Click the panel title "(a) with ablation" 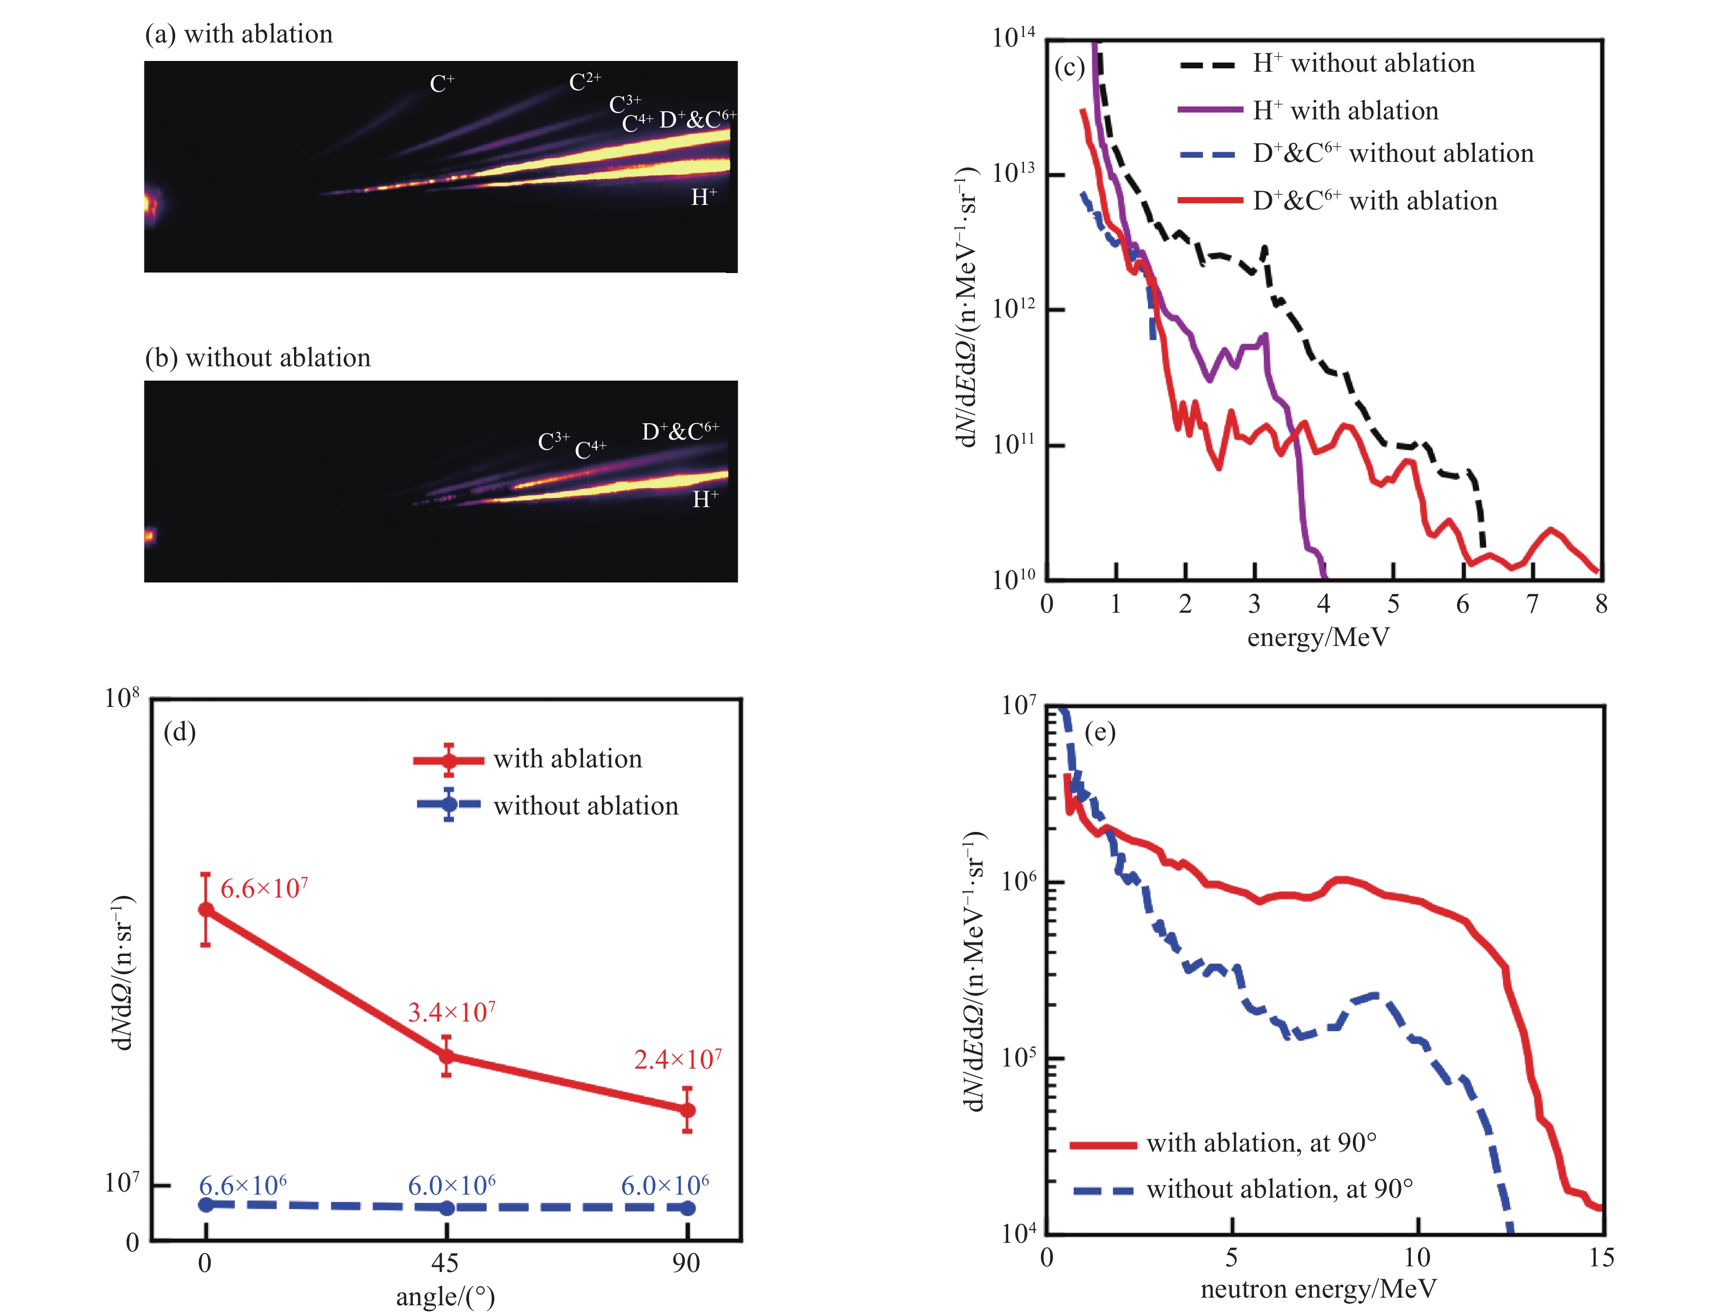tap(239, 34)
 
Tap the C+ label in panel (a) tap(442, 84)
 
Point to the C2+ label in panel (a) tap(585, 81)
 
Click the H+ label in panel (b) tap(704, 499)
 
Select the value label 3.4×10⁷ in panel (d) tap(452, 1013)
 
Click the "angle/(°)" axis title tap(445, 1297)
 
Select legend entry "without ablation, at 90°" tap(1279, 1190)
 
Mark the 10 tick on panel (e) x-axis tap(1417, 1258)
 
